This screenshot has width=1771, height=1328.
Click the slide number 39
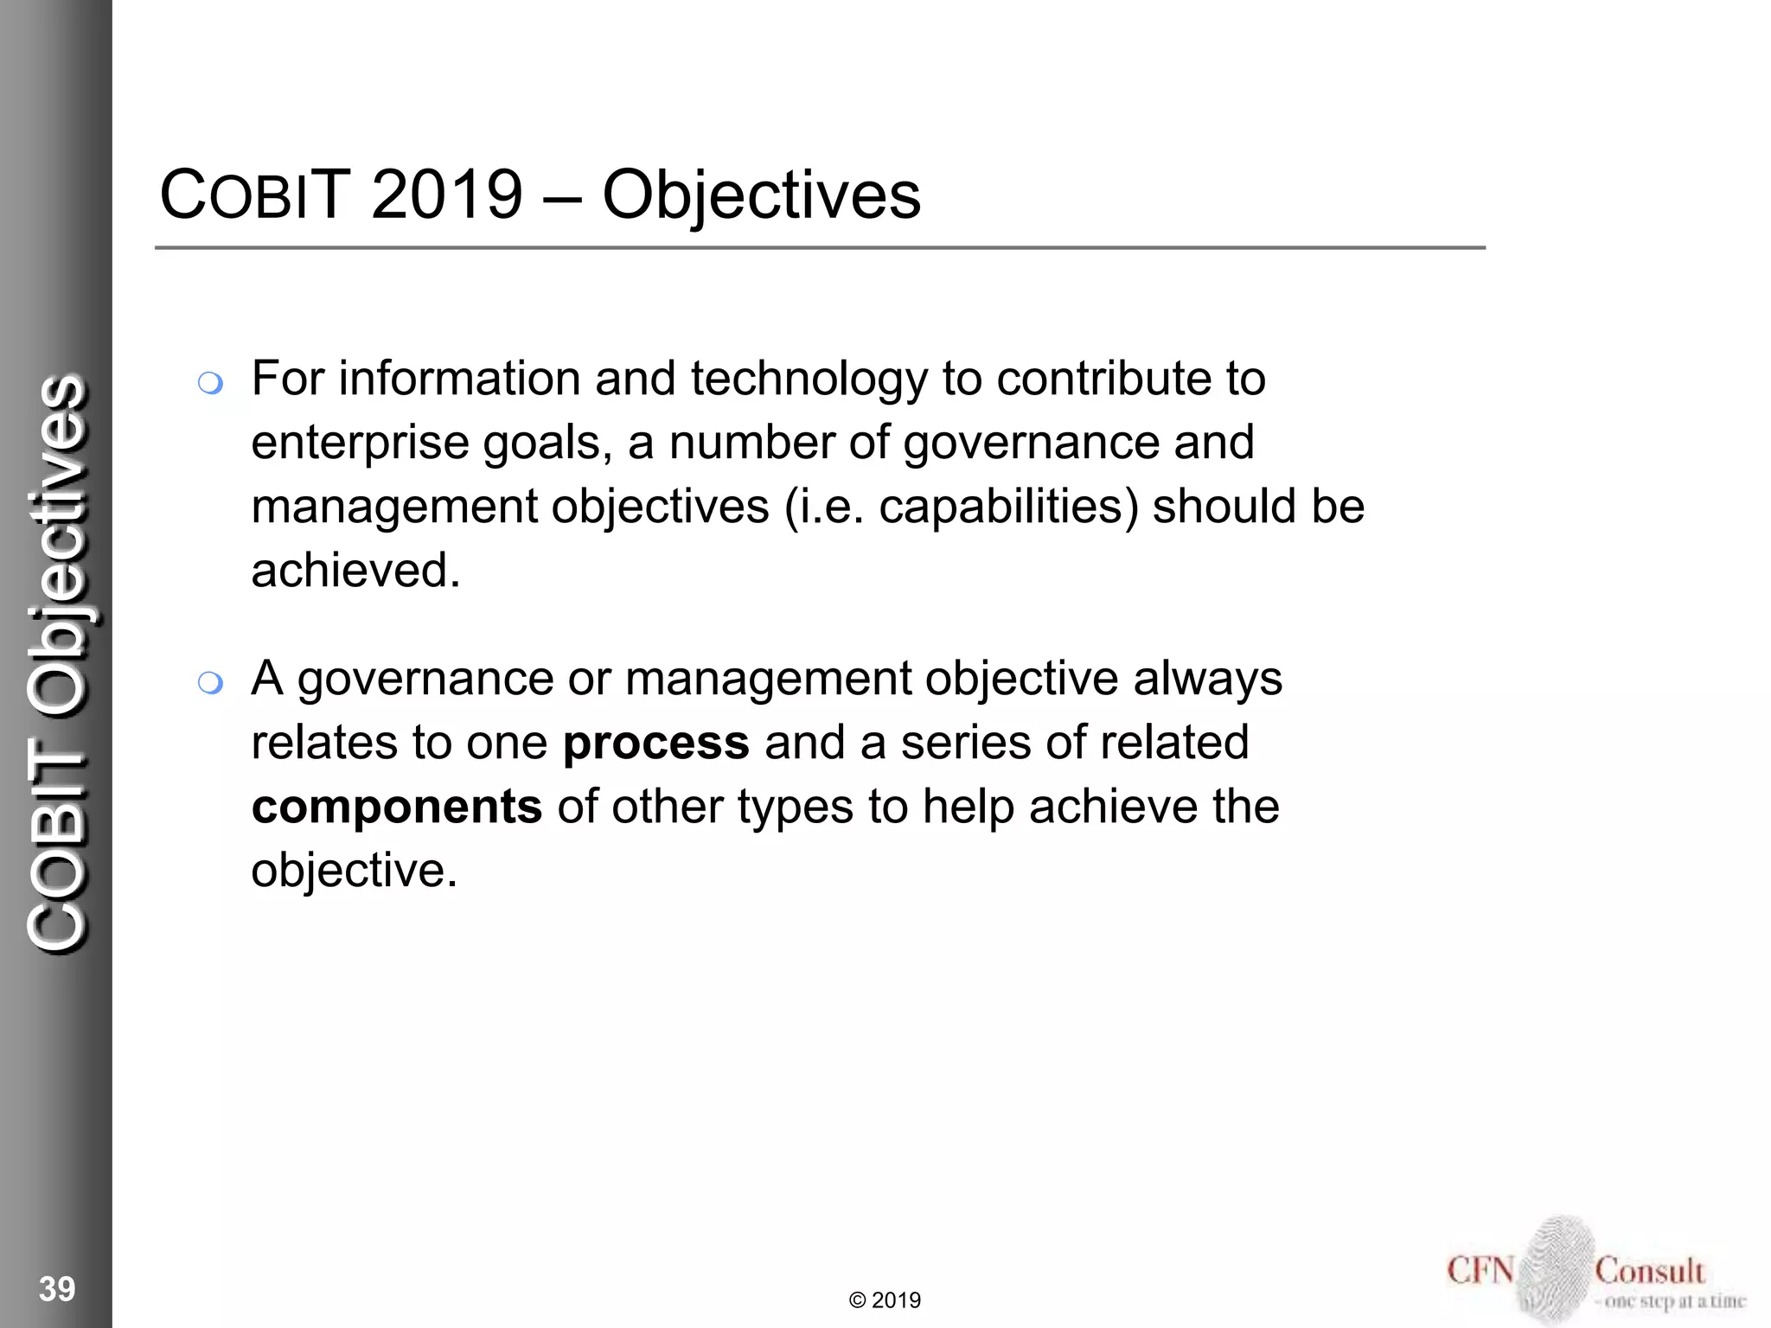(x=57, y=1289)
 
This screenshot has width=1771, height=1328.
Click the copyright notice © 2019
(x=885, y=1300)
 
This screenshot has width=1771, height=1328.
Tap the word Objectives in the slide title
(x=761, y=195)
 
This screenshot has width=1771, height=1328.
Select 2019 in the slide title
(x=447, y=195)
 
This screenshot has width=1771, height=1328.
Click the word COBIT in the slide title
(x=255, y=195)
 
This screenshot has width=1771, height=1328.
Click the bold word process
(x=655, y=743)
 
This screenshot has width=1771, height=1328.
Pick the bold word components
(x=397, y=807)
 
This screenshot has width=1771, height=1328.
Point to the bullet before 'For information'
(x=210, y=382)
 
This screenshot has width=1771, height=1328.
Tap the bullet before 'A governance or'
(x=210, y=684)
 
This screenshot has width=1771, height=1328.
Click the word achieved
(x=355, y=571)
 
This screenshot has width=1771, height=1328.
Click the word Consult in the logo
(x=1649, y=1271)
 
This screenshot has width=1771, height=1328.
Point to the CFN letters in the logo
(x=1480, y=1271)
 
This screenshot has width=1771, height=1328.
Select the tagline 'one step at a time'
(x=1673, y=1300)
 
